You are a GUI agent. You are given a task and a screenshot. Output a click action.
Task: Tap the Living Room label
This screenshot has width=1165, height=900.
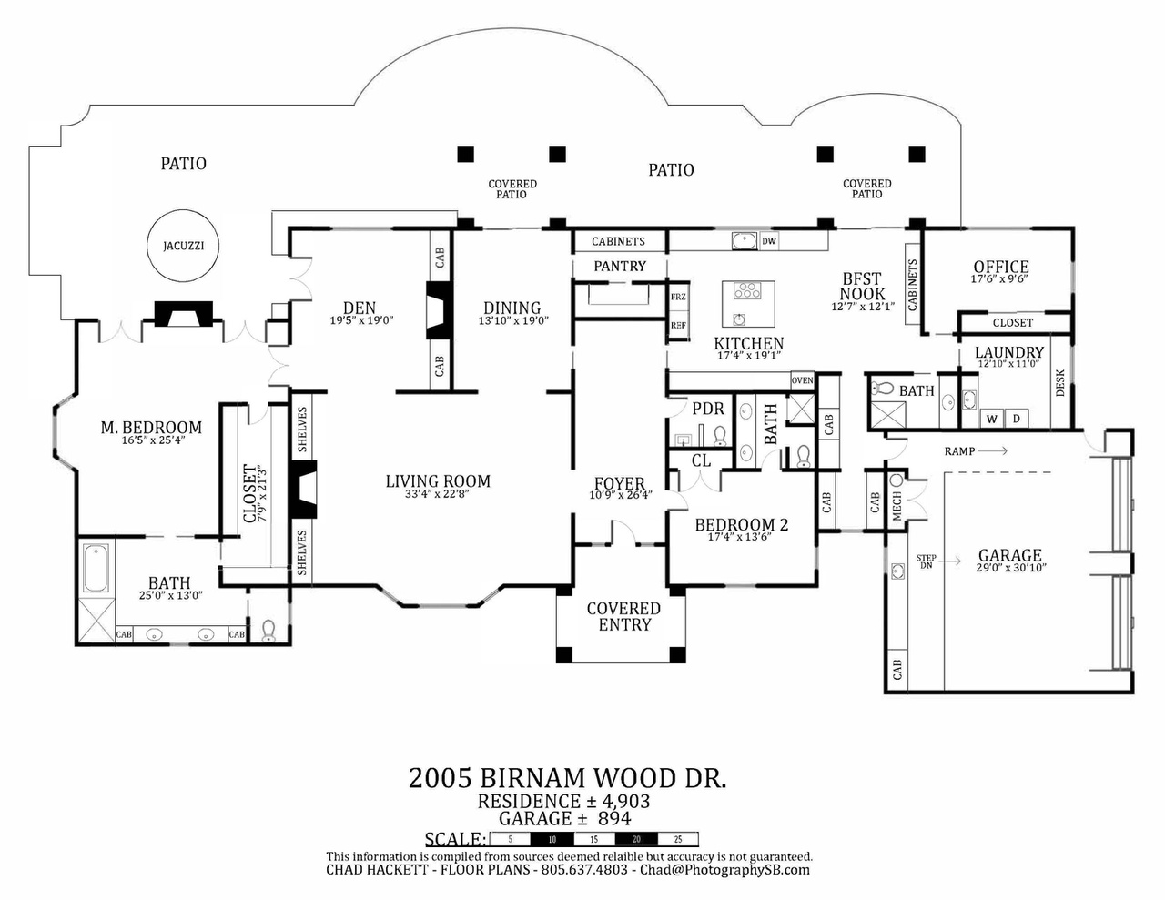coord(438,480)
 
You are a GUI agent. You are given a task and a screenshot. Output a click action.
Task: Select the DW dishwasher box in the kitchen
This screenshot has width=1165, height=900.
coord(769,241)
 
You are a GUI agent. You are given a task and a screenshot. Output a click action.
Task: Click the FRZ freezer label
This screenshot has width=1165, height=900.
coord(678,297)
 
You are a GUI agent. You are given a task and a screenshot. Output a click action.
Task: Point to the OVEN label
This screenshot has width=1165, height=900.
coord(803,380)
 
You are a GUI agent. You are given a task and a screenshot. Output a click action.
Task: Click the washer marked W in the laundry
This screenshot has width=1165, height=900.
coord(991,420)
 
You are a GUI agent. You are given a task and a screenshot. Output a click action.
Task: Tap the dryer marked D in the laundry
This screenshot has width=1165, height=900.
coord(1016,420)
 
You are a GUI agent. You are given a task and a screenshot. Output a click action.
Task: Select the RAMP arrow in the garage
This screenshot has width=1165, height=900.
coord(992,451)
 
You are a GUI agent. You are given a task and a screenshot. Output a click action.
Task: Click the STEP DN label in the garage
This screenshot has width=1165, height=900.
coord(927,561)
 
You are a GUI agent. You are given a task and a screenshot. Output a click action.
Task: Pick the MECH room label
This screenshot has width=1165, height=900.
coord(897,505)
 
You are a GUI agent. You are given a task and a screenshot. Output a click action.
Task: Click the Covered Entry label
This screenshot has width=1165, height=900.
coord(623,616)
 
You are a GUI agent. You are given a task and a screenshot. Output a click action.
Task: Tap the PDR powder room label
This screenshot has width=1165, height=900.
coord(708,409)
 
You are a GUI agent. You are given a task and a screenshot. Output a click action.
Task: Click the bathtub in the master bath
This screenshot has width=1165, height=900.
coord(96,568)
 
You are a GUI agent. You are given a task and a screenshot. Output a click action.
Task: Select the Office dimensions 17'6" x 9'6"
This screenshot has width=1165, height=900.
coord(999,279)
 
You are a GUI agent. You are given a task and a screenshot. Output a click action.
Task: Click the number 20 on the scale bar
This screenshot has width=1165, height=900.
coord(636,839)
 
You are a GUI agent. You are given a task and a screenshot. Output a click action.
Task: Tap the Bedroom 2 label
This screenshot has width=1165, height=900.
coord(742,525)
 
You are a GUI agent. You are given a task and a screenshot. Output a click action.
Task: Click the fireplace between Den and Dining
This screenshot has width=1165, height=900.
coord(439,310)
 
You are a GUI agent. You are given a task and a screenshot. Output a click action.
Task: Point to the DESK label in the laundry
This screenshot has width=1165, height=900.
coord(1060,383)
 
